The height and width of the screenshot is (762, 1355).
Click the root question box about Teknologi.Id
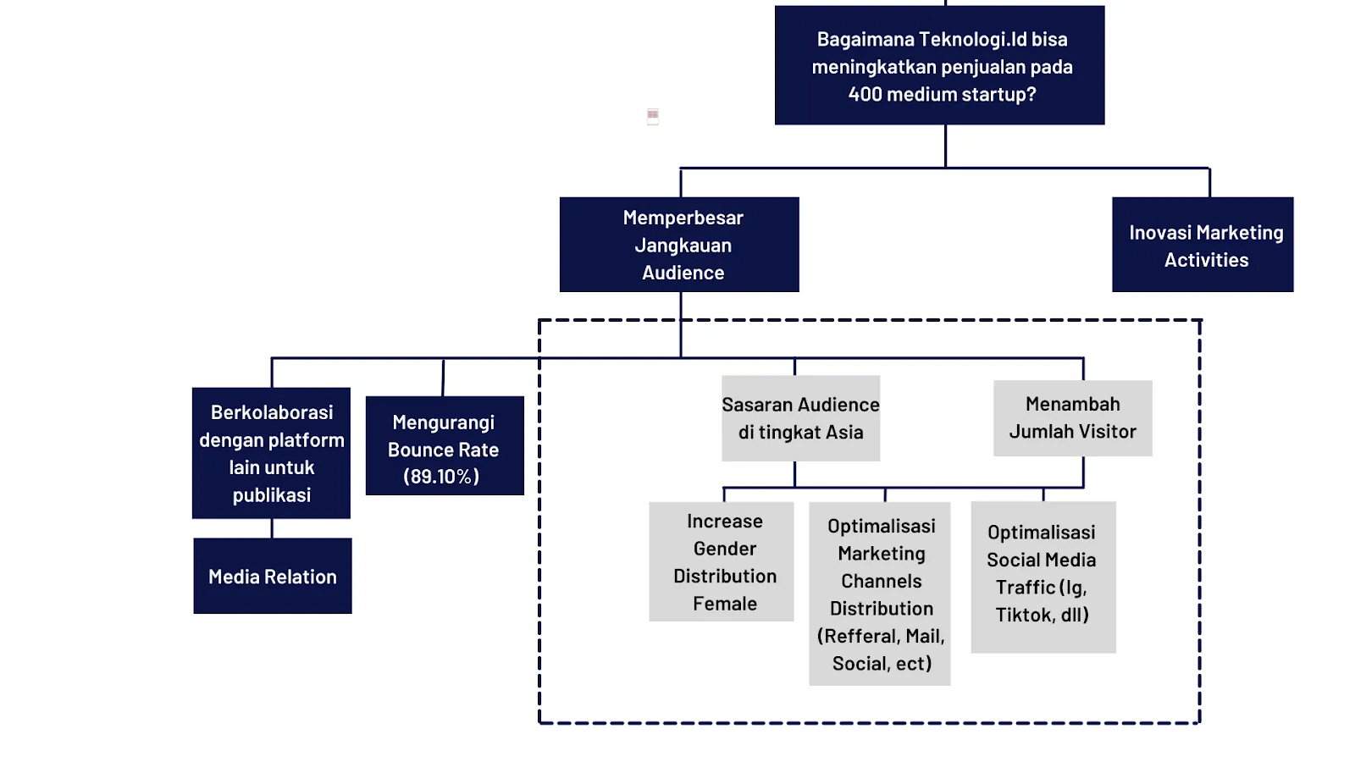point(939,66)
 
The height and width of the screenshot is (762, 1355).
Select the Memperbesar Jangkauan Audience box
point(679,245)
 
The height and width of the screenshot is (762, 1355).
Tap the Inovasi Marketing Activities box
point(1203,245)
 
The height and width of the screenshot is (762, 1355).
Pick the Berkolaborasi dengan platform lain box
point(271,453)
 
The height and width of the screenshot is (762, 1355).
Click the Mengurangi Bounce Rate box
point(445,446)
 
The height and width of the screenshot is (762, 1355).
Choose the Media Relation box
point(273,577)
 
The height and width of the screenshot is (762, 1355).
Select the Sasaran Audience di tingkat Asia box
point(800,418)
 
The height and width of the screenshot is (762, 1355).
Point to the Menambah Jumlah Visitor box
point(1072,418)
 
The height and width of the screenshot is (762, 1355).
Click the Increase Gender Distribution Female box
point(722,562)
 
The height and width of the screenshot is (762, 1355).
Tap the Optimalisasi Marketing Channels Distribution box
point(880,594)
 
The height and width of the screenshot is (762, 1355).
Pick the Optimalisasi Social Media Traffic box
point(1043,577)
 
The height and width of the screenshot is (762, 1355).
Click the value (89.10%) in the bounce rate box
point(441,477)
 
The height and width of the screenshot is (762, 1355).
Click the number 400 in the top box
point(865,94)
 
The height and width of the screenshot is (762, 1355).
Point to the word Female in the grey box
point(725,604)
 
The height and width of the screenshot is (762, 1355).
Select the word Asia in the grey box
point(844,433)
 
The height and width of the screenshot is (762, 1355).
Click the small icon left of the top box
point(653,116)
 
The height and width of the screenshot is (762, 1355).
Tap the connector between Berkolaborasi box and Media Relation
point(272,528)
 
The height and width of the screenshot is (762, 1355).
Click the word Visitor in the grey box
point(1108,432)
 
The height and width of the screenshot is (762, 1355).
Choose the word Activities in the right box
point(1206,260)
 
